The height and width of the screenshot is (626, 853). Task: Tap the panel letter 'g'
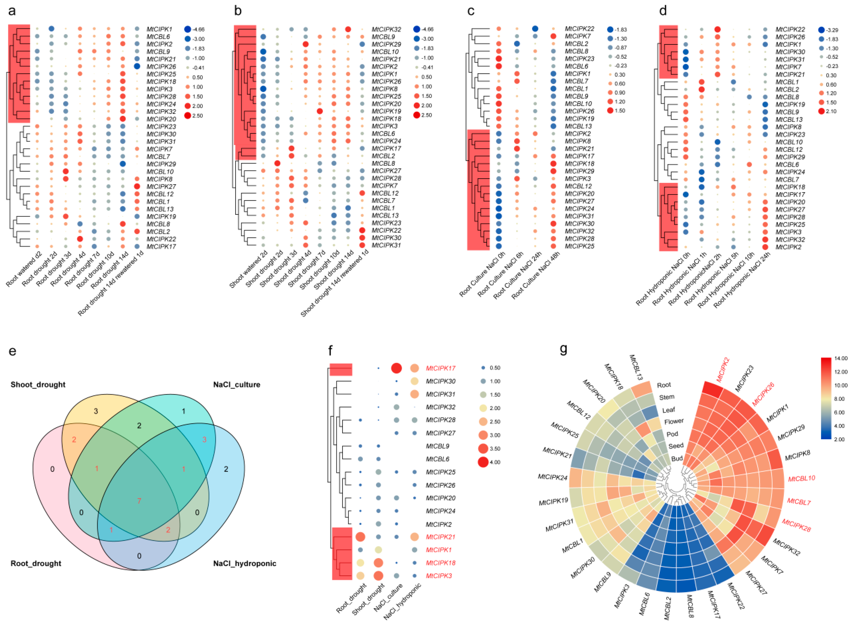click(563, 349)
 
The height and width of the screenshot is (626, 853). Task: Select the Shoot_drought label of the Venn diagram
click(38, 385)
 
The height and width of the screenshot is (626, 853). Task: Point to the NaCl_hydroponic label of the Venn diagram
click(244, 563)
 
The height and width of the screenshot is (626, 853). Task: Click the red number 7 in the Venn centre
click(139, 501)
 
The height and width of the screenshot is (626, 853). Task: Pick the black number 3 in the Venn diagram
click(96, 411)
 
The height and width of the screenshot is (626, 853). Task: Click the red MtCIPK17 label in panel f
click(440, 368)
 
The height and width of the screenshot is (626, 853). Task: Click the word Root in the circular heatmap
click(663, 385)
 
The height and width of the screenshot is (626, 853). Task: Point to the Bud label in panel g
click(677, 458)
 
